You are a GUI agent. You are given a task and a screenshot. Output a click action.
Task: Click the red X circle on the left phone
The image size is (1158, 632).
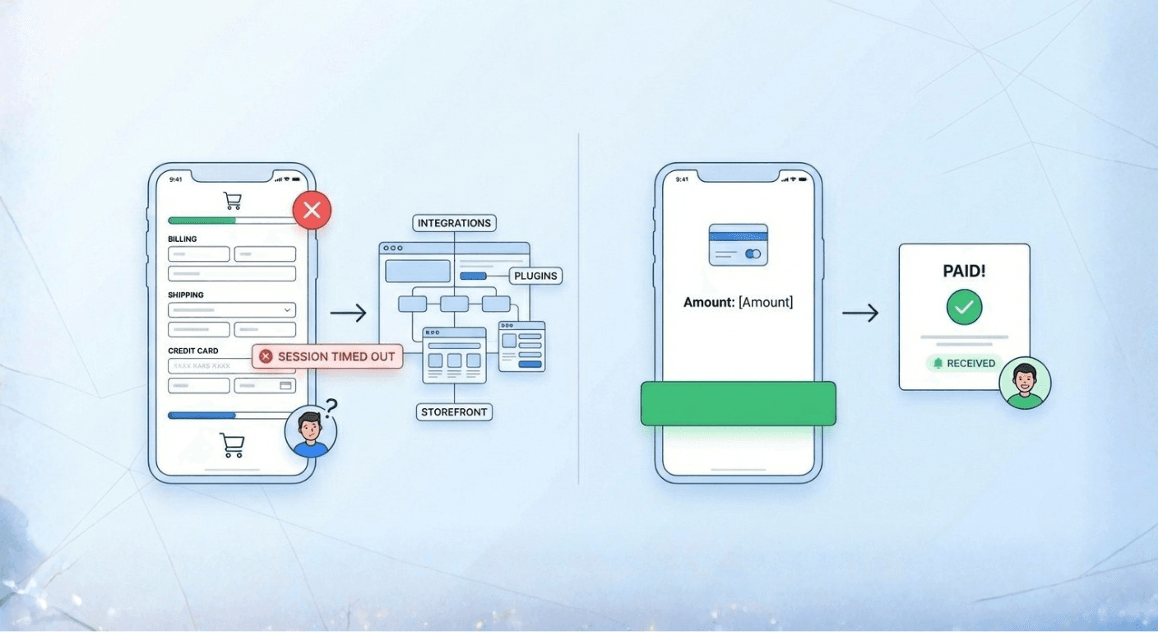point(312,211)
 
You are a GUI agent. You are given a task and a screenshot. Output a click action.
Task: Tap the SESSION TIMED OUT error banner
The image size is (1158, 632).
point(327,356)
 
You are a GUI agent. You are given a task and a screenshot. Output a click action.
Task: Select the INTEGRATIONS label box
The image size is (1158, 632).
point(454,223)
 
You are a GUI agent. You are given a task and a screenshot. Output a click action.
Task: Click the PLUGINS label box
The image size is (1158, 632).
point(535,276)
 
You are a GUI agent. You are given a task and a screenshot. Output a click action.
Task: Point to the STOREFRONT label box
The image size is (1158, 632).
point(454,411)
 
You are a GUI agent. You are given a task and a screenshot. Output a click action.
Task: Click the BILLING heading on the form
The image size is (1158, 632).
point(183,239)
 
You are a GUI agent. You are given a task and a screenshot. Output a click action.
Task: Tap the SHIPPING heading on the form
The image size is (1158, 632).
point(186,295)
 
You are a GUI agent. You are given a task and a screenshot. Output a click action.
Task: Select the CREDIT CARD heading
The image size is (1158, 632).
point(193,351)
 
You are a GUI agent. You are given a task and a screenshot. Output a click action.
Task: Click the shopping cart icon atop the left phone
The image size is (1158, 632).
point(233,200)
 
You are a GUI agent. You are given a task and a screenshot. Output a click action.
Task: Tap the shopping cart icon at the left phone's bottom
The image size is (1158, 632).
point(232,444)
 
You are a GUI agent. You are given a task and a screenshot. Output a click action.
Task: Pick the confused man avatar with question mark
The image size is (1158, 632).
point(311,432)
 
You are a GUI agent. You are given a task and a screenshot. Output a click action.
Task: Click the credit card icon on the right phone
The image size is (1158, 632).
point(738,244)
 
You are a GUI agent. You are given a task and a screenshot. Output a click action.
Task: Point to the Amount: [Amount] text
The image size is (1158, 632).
point(738,302)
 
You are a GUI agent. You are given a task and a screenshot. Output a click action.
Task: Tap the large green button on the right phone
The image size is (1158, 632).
point(738,403)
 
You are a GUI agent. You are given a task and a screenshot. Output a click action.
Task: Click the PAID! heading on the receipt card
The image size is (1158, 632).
point(964,270)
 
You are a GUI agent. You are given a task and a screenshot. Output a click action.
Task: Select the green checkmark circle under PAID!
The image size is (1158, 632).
point(964,308)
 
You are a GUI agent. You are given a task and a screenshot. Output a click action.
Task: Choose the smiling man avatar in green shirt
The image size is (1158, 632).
point(1025,383)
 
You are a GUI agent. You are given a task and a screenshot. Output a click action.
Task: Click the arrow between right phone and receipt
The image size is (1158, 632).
point(860,313)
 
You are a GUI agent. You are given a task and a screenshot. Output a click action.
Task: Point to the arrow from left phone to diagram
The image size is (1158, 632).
point(348,313)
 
